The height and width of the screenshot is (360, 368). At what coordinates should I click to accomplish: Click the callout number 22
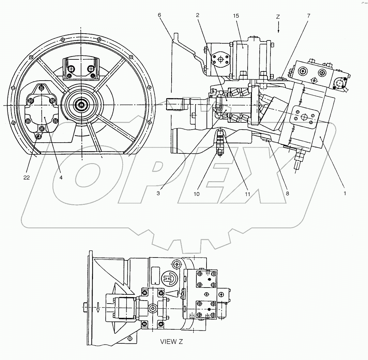click(26, 177)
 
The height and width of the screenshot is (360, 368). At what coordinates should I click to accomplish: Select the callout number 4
click(61, 177)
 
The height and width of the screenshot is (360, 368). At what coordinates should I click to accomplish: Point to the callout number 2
click(198, 15)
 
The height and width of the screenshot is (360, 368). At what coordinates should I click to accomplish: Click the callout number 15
click(236, 16)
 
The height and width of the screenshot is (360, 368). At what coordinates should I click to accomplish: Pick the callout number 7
click(308, 16)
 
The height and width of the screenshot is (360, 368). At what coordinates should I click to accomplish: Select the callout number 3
click(158, 193)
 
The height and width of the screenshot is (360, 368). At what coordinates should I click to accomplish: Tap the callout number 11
click(247, 194)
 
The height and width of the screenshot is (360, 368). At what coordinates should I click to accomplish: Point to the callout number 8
click(287, 193)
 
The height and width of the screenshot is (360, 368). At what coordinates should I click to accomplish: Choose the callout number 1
click(345, 193)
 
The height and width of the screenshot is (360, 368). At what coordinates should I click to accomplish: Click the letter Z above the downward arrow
click(278, 18)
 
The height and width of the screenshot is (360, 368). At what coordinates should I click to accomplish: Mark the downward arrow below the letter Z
click(278, 29)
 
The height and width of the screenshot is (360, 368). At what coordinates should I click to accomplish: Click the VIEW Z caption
click(171, 342)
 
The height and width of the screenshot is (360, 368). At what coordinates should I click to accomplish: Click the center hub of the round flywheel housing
click(80, 105)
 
